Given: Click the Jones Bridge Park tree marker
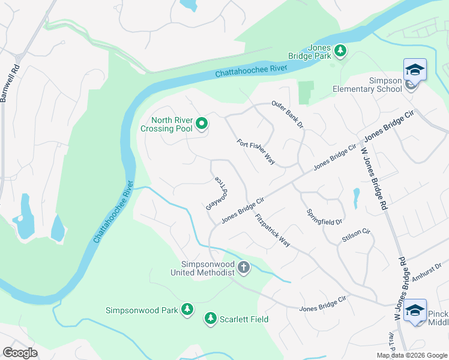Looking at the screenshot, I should (x=340, y=50).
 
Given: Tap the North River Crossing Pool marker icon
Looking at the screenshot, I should (x=202, y=124).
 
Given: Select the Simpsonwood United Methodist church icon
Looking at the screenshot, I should (x=243, y=268).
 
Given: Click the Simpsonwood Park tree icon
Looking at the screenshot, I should (x=187, y=309).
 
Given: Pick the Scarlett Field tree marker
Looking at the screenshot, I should (x=211, y=318).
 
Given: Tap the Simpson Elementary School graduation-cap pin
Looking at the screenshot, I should (x=415, y=71).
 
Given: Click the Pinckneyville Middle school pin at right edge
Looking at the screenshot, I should (x=415, y=310).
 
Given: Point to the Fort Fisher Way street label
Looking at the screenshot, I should (x=256, y=152).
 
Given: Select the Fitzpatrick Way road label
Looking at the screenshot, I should (x=272, y=230).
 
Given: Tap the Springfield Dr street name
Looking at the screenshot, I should (x=324, y=217).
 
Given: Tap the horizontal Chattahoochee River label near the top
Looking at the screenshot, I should (x=252, y=70).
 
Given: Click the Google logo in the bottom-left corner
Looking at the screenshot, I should (x=20, y=353).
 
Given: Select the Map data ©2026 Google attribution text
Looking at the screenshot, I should (x=411, y=355).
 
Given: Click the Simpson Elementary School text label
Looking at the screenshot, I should (x=367, y=85).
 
